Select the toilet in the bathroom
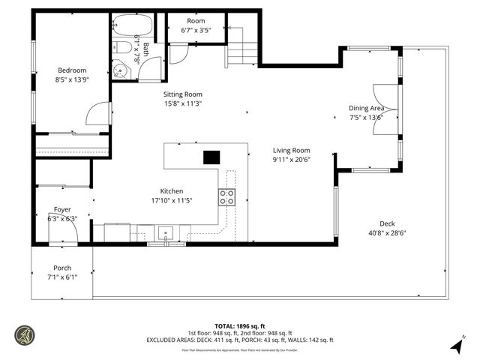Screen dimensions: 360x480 (124, 49)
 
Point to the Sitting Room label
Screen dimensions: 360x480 (183, 94)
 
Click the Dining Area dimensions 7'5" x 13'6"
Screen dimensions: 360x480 (366, 117)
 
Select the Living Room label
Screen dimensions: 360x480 (291, 150)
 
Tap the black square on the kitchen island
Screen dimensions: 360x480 (212, 157)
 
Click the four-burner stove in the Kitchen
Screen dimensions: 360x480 (226, 197)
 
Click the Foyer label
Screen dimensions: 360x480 (62, 210)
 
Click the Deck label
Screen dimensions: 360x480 (387, 223)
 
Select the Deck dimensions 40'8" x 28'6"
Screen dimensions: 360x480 (387, 232)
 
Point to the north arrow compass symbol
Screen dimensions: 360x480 (457, 345)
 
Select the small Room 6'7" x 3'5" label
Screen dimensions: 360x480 (195, 26)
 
